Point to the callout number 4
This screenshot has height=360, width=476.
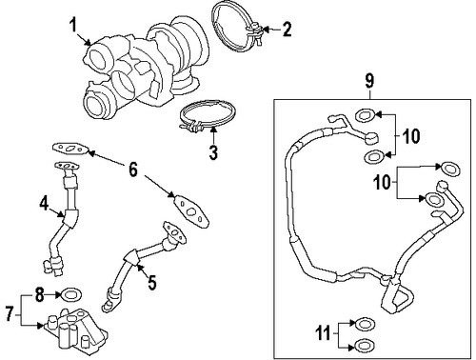coord(43,202)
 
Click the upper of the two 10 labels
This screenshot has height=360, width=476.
coord(410,135)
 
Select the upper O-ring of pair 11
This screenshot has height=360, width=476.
coord(361,324)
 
